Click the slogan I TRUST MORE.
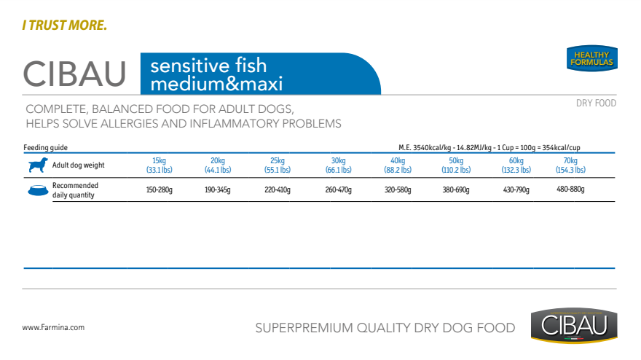tap(64, 26)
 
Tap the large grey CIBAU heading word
tap(75, 73)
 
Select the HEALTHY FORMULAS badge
tap(592, 59)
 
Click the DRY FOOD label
tap(596, 103)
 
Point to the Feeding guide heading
tap(45, 147)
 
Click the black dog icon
tap(38, 165)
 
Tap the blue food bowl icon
tap(37, 190)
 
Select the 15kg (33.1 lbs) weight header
tap(158, 165)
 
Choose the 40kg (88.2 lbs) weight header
tap(397, 165)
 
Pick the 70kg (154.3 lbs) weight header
tap(570, 165)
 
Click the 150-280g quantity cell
tap(159, 189)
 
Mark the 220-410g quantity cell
tap(277, 189)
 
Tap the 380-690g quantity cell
tap(456, 189)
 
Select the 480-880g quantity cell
tap(570, 189)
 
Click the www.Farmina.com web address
tap(53, 328)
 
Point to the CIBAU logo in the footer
tap(574, 325)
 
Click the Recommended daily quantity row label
tap(75, 190)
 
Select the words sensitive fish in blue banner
tap(208, 66)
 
